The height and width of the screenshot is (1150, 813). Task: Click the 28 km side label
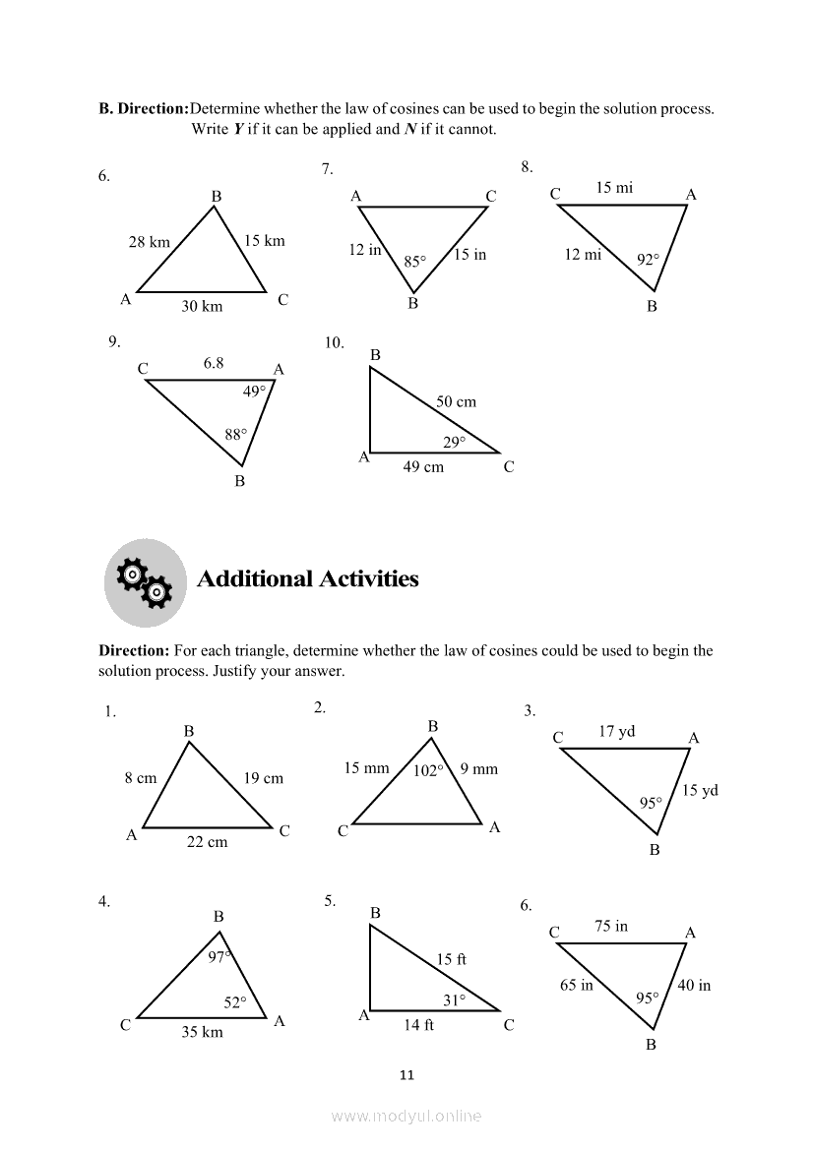150,242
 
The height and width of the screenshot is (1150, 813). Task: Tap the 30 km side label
202,307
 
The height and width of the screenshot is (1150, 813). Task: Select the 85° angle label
415,262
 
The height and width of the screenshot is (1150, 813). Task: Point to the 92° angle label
648,261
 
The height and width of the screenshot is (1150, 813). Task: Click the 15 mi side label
614,188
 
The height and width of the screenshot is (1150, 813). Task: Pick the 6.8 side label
214,363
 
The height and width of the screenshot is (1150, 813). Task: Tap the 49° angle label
254,392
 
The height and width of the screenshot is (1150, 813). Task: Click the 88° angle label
235,434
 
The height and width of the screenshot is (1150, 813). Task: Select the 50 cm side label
456,401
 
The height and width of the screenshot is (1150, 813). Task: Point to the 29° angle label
454,443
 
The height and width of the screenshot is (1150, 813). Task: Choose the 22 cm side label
207,842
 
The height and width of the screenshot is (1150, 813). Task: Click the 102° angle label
428,771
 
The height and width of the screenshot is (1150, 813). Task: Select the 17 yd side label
617,731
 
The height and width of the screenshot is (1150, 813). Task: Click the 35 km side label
202,1032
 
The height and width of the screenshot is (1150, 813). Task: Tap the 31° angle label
454,1000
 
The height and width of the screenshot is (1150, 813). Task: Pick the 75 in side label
611,927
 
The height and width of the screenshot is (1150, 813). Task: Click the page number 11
407,1075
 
